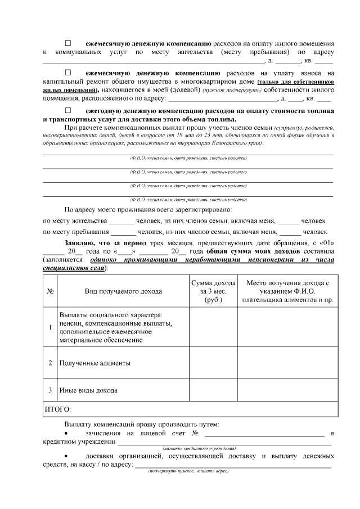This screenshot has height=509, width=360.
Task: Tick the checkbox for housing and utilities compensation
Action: click(69, 43)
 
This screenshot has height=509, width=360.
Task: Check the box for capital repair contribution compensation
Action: click(69, 73)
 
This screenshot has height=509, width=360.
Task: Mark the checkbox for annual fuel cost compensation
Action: click(69, 110)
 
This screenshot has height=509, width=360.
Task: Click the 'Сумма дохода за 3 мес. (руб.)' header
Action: click(213, 291)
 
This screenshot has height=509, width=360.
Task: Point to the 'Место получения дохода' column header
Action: click(287, 291)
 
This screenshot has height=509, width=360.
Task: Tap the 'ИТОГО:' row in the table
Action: click(58, 409)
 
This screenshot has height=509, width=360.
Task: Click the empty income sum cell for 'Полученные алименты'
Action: click(213, 363)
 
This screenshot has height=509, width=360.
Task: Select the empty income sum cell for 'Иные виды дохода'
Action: click(213, 390)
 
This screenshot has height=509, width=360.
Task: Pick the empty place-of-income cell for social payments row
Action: click(287, 327)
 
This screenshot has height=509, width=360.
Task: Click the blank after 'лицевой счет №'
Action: click(264, 434)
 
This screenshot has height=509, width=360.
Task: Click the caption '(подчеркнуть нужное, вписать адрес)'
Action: click(188, 471)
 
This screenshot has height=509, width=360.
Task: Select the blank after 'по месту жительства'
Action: click(121, 220)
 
